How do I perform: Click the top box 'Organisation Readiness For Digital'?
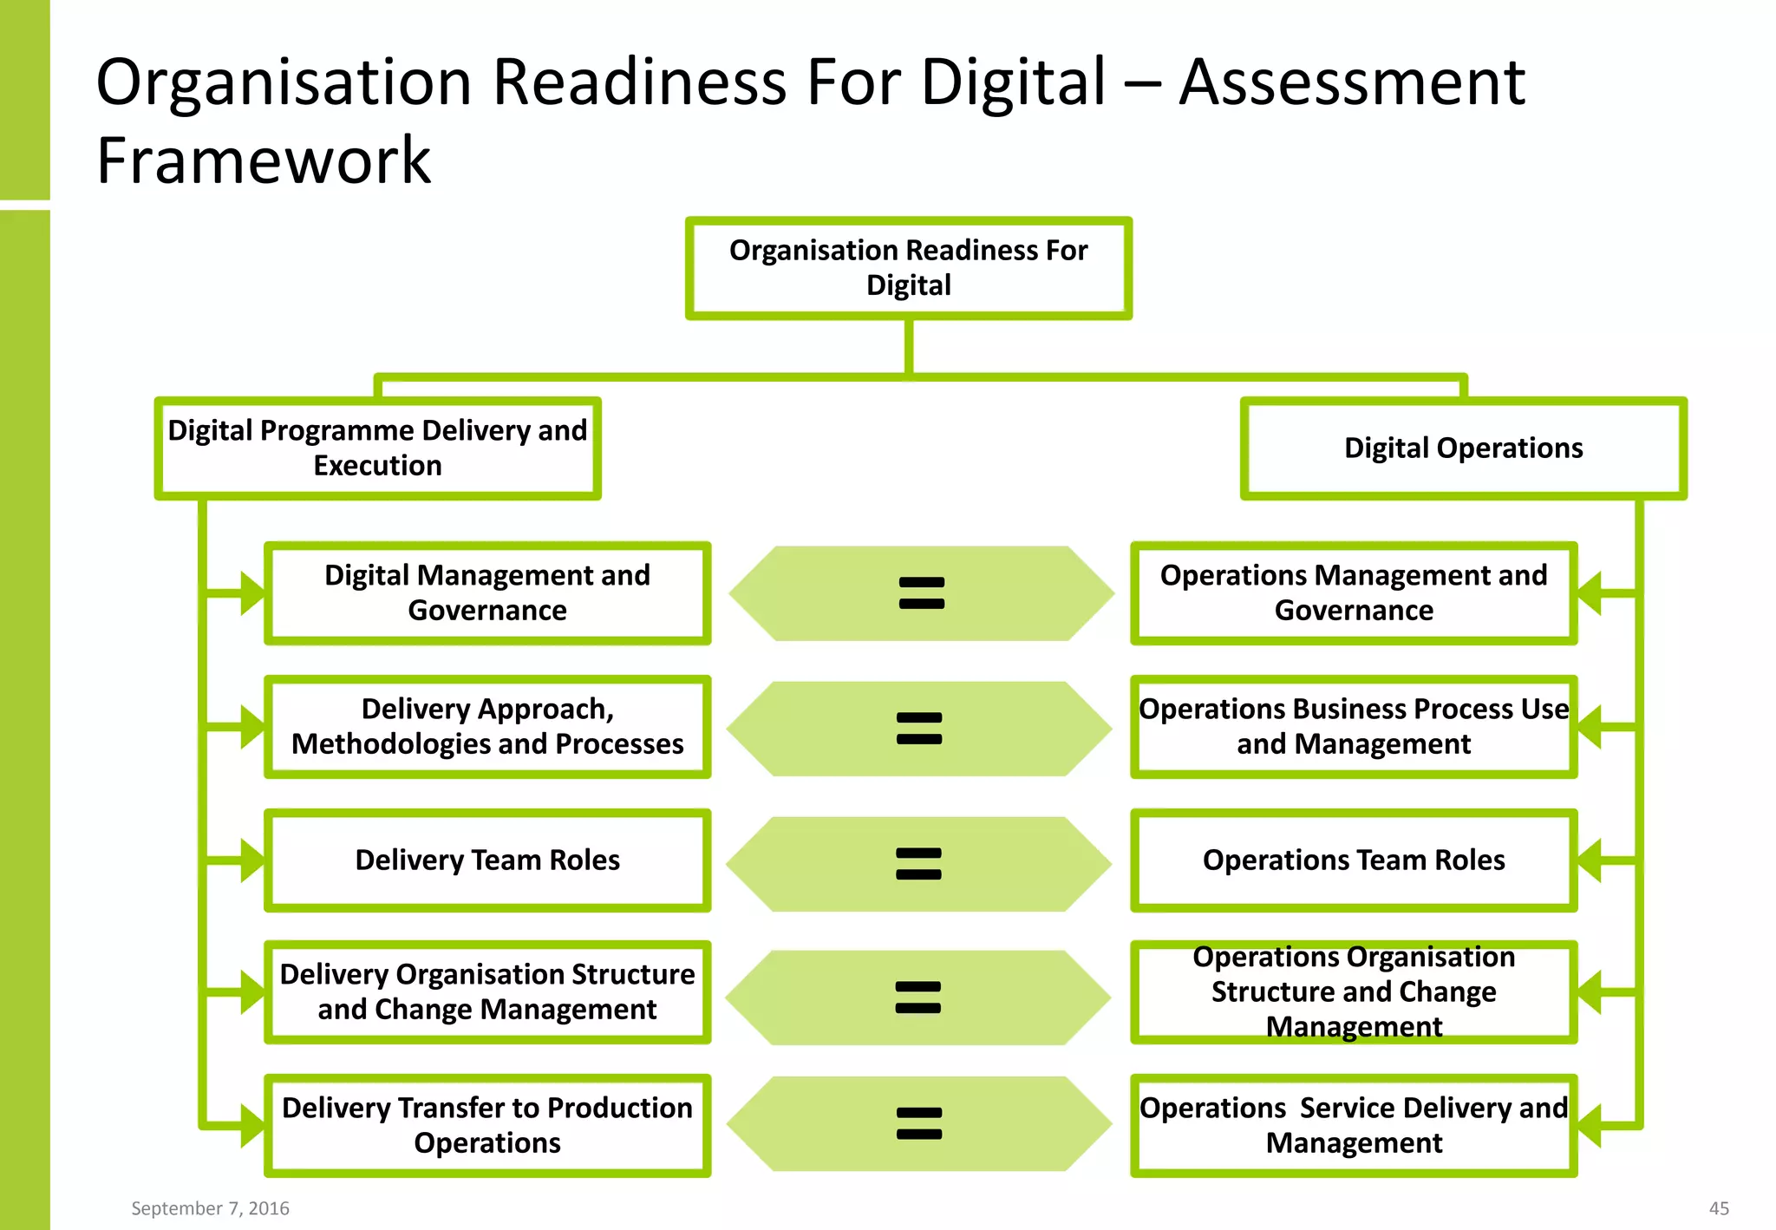(908, 268)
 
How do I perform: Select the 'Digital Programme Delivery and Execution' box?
(377, 448)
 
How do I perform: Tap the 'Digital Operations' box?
(1463, 448)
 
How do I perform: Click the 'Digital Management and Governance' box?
(487, 593)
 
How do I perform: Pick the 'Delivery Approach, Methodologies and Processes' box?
(487, 727)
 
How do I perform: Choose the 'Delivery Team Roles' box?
(487, 860)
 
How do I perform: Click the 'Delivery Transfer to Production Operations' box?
(487, 1126)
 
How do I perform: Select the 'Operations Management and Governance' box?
(1353, 593)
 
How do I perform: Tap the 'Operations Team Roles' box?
(1353, 860)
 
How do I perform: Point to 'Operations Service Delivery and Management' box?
(1353, 1126)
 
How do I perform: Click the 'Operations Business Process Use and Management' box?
(1353, 727)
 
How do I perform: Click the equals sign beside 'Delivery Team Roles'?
(918, 864)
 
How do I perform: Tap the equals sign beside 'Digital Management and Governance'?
(921, 593)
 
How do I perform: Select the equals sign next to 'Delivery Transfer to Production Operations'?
(919, 1124)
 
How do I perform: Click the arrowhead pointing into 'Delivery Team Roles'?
(251, 860)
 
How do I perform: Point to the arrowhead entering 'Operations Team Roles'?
(1589, 860)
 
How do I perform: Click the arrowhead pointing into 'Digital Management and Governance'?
(251, 593)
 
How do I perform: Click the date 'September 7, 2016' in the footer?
(210, 1208)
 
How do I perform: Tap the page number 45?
(1719, 1208)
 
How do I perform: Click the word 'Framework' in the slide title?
(264, 161)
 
